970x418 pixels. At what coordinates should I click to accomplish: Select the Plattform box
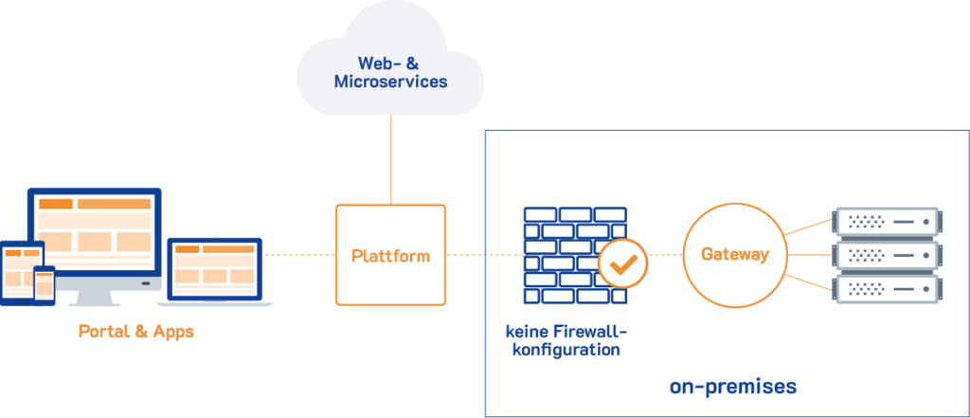coord(390,254)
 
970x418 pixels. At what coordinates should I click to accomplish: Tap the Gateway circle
coord(734,254)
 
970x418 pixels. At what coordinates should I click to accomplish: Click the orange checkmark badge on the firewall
coord(622,264)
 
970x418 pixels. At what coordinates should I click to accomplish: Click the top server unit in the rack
coord(887,222)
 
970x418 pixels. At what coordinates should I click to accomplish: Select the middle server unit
coord(887,255)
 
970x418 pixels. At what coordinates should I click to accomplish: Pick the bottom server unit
coord(887,287)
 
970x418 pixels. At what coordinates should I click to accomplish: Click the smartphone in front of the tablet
coord(44,284)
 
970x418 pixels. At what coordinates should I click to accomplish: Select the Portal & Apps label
coord(135,333)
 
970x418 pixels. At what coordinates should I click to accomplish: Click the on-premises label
coord(732,387)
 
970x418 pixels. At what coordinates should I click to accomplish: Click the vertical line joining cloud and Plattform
coord(390,161)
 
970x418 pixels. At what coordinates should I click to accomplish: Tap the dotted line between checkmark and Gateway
coord(665,255)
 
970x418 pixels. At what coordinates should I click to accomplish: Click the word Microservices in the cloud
coord(390,82)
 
